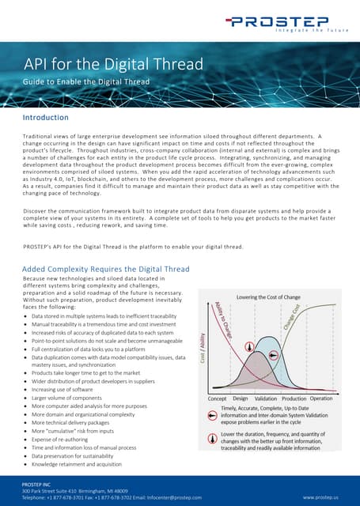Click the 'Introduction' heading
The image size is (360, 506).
point(51,118)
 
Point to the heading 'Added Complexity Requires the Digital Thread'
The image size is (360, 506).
point(106,269)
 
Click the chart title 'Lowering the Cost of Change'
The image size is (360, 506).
point(274,297)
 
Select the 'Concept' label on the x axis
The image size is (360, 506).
point(218,399)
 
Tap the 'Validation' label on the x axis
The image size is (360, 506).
point(267,399)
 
